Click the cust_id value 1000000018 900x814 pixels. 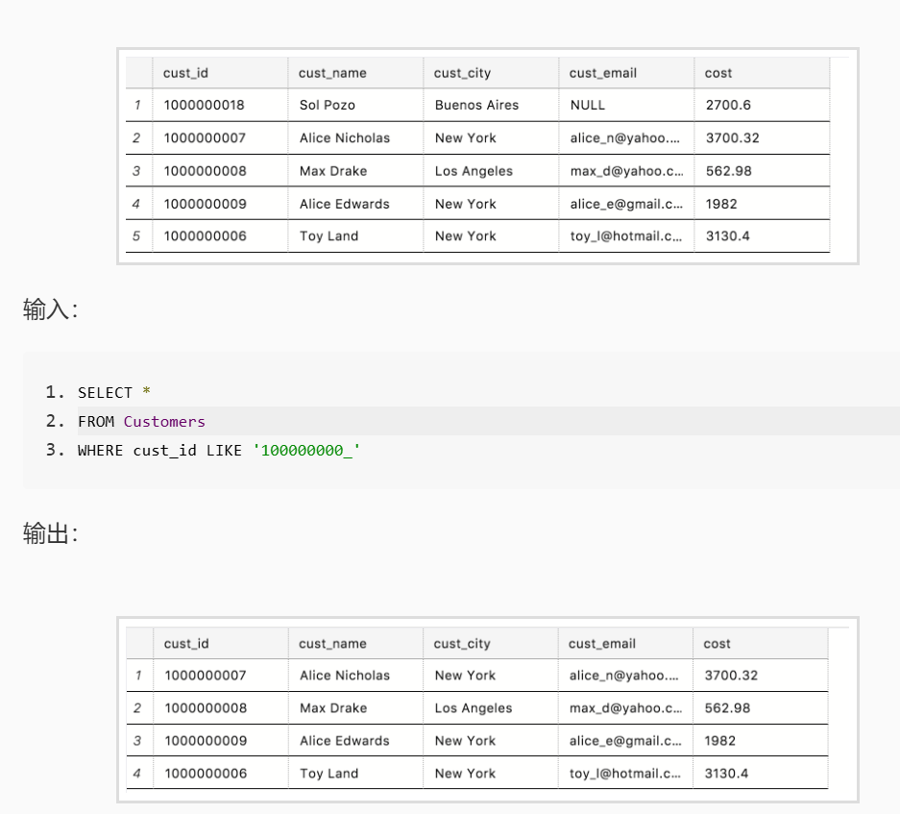point(204,105)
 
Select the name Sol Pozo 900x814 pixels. point(328,105)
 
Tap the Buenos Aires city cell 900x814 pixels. point(476,105)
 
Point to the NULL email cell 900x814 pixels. point(587,105)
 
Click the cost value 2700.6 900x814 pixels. point(728,105)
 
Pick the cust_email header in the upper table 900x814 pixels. point(602,73)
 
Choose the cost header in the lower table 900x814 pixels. point(717,643)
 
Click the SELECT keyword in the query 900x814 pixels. point(105,393)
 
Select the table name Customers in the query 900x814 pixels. point(164,422)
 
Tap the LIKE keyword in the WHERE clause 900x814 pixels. point(224,451)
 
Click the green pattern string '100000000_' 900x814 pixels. point(306,451)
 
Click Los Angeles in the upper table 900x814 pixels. point(474,171)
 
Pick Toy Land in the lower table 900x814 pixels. point(328,774)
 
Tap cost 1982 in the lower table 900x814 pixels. point(719,741)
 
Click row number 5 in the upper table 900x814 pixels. point(136,236)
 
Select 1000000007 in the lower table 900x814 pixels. point(206,676)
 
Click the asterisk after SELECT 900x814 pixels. point(146,392)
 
